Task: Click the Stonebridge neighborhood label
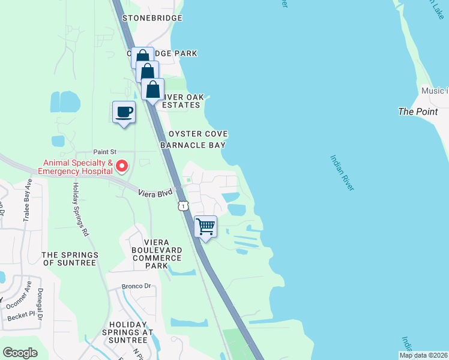tap(152, 19)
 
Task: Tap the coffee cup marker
tap(124, 112)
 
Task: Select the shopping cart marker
tap(205, 227)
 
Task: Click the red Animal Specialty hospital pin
tap(122, 165)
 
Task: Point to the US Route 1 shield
tap(183, 206)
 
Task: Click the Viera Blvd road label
tap(155, 193)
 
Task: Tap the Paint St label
tap(104, 153)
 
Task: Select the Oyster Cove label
tap(198, 134)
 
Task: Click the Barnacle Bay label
tap(193, 145)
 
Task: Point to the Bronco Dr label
tap(136, 286)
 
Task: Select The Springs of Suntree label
tap(70, 259)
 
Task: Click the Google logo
tap(20, 353)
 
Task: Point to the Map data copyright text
tap(424, 355)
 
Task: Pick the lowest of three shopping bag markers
tap(153, 89)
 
